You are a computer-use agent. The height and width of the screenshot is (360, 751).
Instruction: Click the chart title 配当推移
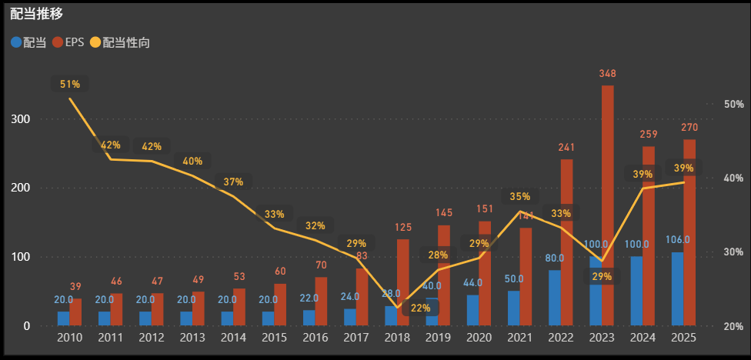[x=37, y=14]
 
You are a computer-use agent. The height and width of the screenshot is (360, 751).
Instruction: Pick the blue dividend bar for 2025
[x=677, y=288]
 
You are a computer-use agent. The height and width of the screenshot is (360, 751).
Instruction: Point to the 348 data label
[x=607, y=74]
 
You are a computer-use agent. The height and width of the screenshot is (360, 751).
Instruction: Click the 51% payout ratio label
[x=69, y=84]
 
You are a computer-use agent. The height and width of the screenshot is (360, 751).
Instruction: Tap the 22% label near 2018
[x=421, y=308]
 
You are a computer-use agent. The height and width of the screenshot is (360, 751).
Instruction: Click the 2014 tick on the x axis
[x=234, y=337]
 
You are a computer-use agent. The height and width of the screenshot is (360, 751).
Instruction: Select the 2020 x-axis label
[x=479, y=337]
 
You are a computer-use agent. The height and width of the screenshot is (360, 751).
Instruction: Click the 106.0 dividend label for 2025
[x=677, y=240]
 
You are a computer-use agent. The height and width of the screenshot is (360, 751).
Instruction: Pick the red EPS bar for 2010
[x=75, y=312]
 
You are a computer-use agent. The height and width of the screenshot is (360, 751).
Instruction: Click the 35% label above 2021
[x=520, y=197]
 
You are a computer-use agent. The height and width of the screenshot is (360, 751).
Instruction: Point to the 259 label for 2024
[x=649, y=135]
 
